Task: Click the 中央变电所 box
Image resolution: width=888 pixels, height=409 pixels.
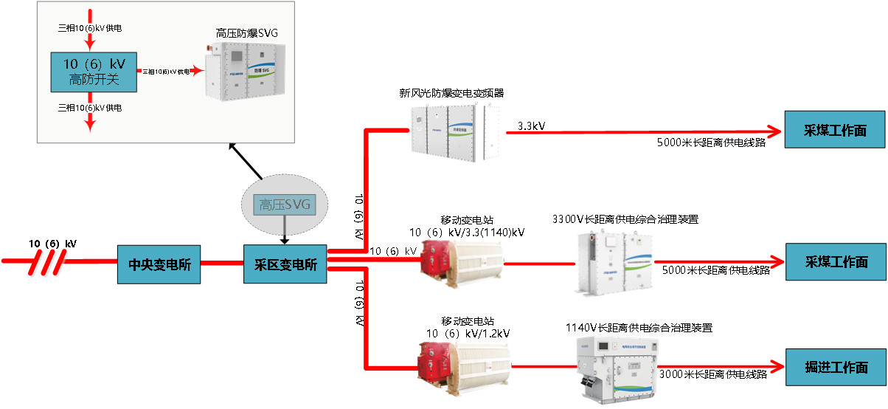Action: click(x=159, y=265)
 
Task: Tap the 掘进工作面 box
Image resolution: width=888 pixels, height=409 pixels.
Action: click(x=836, y=367)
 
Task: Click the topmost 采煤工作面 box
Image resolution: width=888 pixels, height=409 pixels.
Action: click(x=835, y=131)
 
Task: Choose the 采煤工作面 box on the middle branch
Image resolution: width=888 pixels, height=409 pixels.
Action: click(x=836, y=261)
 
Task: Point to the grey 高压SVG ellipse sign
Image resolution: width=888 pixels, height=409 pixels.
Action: click(x=285, y=204)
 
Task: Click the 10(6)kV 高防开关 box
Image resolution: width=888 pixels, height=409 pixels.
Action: click(x=94, y=72)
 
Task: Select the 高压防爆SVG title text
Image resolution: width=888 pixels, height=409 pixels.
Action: click(x=246, y=33)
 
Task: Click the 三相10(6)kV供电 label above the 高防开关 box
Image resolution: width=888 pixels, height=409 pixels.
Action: click(x=90, y=28)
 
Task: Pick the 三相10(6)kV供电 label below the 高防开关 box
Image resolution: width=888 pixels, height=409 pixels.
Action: click(x=90, y=108)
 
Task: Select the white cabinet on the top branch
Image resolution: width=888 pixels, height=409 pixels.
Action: click(x=454, y=131)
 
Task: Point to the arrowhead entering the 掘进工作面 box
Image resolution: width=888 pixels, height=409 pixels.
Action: click(x=776, y=367)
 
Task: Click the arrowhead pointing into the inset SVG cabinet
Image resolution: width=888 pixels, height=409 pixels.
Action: click(x=197, y=72)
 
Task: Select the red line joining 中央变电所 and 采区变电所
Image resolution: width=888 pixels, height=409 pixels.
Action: click(x=222, y=263)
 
